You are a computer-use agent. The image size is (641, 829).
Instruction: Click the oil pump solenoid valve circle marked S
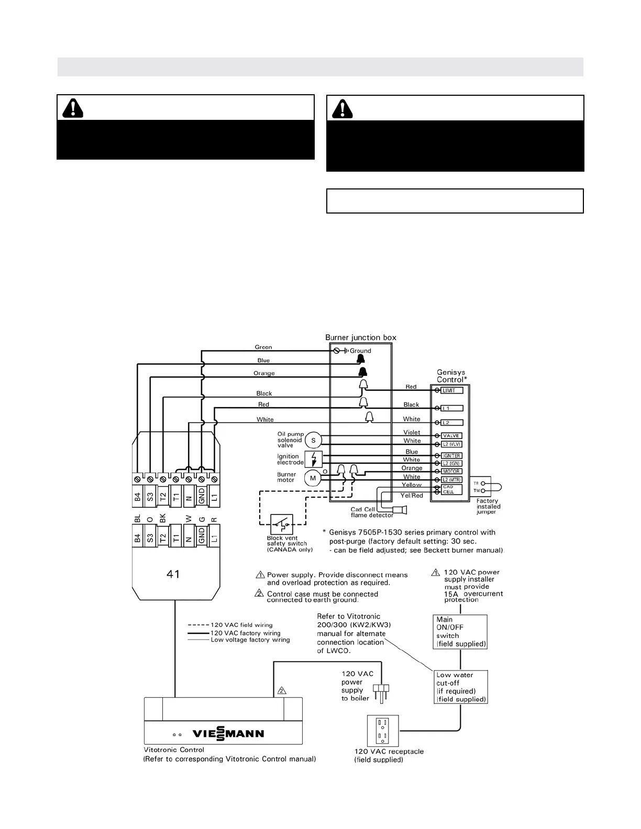pos(313,440)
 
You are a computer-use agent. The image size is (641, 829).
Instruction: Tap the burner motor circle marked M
pos(313,478)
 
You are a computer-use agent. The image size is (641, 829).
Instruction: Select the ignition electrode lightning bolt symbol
pos(313,460)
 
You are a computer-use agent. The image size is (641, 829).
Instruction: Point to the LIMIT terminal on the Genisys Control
pos(452,390)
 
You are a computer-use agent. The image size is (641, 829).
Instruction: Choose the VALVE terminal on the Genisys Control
pos(451,435)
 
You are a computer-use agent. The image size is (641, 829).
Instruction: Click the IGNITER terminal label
pos(451,455)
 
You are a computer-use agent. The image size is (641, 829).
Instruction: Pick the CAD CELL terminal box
pos(451,489)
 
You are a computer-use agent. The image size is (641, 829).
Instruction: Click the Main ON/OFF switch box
pos(460,632)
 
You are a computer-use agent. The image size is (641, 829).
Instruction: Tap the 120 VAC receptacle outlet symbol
pos(383,731)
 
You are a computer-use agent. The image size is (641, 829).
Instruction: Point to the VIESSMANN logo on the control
pos(228,733)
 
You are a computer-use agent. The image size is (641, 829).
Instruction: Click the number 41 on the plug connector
pos(173,574)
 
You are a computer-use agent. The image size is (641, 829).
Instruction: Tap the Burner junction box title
pos(361,338)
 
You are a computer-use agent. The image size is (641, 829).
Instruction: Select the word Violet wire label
pos(412,432)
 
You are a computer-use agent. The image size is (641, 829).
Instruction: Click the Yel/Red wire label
pos(412,495)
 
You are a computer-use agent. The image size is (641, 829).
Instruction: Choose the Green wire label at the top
pos(263,347)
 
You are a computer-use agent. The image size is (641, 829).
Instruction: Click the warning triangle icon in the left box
pos(73,108)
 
